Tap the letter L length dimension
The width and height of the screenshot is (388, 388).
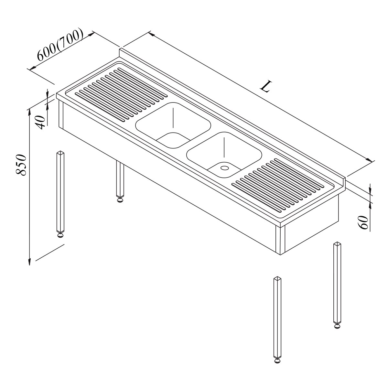[x=266, y=87]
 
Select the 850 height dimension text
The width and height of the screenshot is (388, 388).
[x=21, y=165]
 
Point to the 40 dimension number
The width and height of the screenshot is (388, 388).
[x=40, y=122]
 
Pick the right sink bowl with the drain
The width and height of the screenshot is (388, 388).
[x=224, y=155]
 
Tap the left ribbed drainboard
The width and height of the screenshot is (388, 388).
[x=121, y=95]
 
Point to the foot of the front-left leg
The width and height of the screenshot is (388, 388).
[x=60, y=235]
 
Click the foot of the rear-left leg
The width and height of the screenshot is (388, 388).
[x=120, y=200]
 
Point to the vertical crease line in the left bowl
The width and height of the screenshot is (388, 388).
[x=173, y=117]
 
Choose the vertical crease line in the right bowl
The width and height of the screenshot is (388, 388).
[x=224, y=147]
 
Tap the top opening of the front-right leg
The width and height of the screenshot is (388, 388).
[x=277, y=279]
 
